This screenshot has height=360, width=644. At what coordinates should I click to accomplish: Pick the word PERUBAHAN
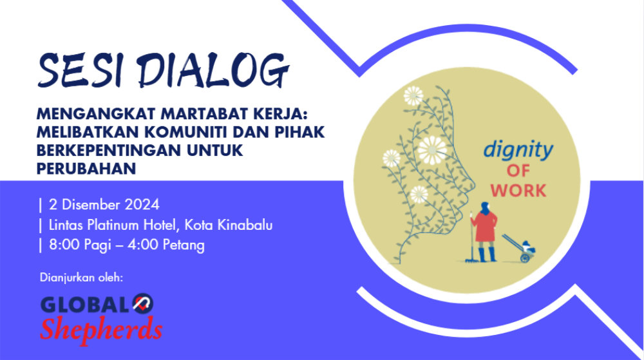pos(86,168)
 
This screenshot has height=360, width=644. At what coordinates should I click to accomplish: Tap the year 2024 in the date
pos(142,204)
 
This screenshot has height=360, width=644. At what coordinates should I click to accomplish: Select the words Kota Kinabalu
pos(229,225)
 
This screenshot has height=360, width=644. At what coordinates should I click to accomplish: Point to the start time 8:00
pos(64,245)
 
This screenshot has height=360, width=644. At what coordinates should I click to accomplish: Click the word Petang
pos(184,245)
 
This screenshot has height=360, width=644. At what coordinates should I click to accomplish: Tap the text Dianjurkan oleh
pos(81,278)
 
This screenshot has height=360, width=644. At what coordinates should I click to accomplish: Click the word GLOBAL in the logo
pos(86,305)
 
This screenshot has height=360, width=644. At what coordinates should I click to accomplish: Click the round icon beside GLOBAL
pos(143,304)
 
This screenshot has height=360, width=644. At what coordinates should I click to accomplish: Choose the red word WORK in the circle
pos(518,191)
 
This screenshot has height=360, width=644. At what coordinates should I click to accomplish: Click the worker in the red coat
pos(484,232)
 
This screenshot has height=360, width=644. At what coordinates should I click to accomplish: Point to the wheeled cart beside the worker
pos(519,248)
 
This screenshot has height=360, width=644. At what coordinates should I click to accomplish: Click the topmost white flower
pos(413,96)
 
